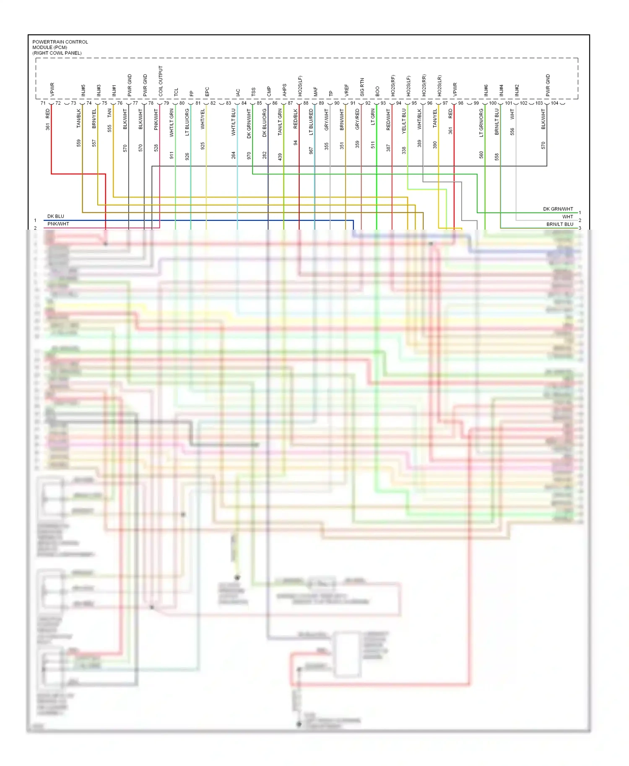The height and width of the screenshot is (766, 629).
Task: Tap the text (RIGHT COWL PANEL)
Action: (x=57, y=53)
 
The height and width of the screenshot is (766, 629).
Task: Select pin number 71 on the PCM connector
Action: (x=43, y=103)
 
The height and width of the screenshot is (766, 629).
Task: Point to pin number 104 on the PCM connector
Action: (x=554, y=103)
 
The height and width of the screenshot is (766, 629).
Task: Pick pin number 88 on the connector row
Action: (x=306, y=103)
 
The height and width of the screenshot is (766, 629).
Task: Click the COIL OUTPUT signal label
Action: (x=161, y=81)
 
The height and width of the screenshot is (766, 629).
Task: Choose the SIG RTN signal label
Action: (x=362, y=87)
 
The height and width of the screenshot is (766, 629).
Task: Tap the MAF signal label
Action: (x=315, y=91)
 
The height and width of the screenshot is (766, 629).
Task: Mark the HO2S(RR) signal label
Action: (x=424, y=85)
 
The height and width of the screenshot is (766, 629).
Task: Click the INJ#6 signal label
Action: (x=486, y=90)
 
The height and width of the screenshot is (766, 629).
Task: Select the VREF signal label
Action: (x=346, y=90)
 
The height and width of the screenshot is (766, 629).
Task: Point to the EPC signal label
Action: (x=207, y=92)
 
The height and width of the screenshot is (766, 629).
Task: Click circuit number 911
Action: (x=172, y=155)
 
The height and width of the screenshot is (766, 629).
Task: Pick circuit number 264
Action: (x=234, y=155)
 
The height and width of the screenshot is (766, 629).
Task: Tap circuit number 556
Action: (x=512, y=132)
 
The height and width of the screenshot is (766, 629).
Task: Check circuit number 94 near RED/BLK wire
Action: (x=295, y=143)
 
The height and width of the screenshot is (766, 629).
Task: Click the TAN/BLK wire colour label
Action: (x=78, y=119)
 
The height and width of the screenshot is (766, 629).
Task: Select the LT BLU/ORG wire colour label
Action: (x=187, y=122)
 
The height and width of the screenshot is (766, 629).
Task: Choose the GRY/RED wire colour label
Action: (x=357, y=119)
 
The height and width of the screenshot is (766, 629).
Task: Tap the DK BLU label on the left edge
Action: (x=56, y=217)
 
